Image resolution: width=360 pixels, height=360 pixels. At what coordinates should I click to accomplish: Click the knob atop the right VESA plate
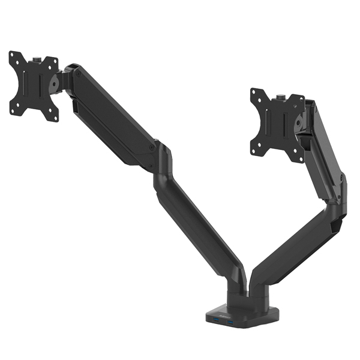(280, 96)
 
